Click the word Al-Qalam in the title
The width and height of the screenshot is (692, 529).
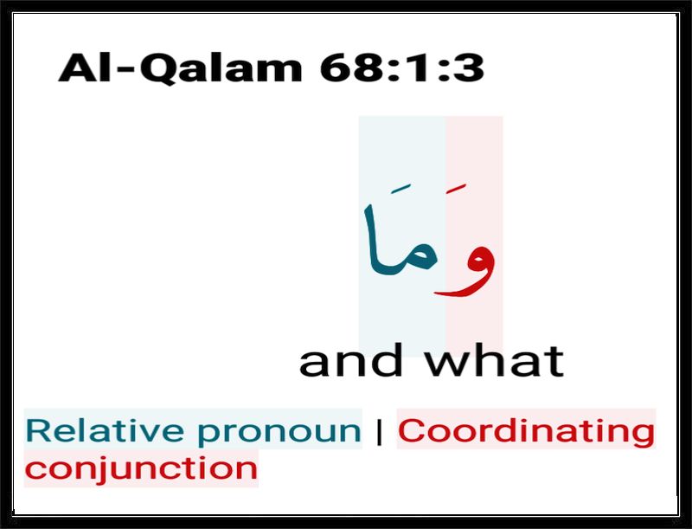click(x=180, y=68)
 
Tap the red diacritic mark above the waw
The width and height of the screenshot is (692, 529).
click(x=456, y=189)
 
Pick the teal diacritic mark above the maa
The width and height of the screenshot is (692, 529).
click(x=400, y=189)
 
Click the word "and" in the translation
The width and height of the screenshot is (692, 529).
click(x=351, y=360)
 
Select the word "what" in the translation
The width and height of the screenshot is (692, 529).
click(x=494, y=360)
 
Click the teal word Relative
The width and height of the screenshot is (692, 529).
click(x=105, y=430)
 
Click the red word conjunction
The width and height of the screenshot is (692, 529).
click(x=141, y=469)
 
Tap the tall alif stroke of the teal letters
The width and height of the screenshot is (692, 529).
click(x=372, y=238)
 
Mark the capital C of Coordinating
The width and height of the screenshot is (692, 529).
click(x=412, y=430)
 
